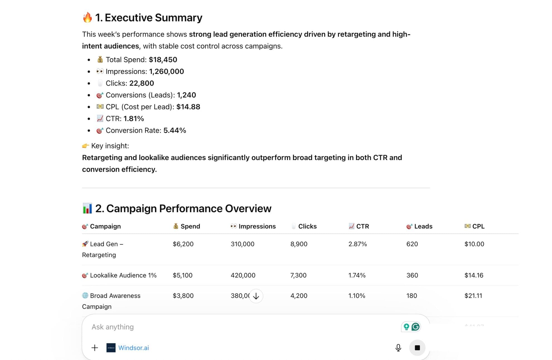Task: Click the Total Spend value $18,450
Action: (163, 60)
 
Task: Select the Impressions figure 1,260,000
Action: (166, 71)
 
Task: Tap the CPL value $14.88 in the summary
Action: (188, 107)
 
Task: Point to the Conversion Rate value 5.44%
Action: (175, 131)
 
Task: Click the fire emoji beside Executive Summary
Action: (87, 17)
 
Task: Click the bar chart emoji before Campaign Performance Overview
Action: (87, 208)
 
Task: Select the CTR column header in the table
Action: (362, 226)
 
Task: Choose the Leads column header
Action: (423, 226)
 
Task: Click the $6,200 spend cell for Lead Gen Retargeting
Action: (183, 244)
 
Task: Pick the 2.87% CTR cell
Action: (357, 244)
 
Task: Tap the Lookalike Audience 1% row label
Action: (123, 275)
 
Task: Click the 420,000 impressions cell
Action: (243, 275)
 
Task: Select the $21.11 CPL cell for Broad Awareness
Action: (473, 296)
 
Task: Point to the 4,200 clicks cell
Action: (299, 296)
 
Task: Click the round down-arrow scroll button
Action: (256, 296)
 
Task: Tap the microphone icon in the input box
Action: (398, 348)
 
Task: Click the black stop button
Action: (417, 348)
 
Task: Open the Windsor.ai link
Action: (133, 348)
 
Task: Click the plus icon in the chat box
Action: (95, 348)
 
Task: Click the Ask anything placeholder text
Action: (113, 327)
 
